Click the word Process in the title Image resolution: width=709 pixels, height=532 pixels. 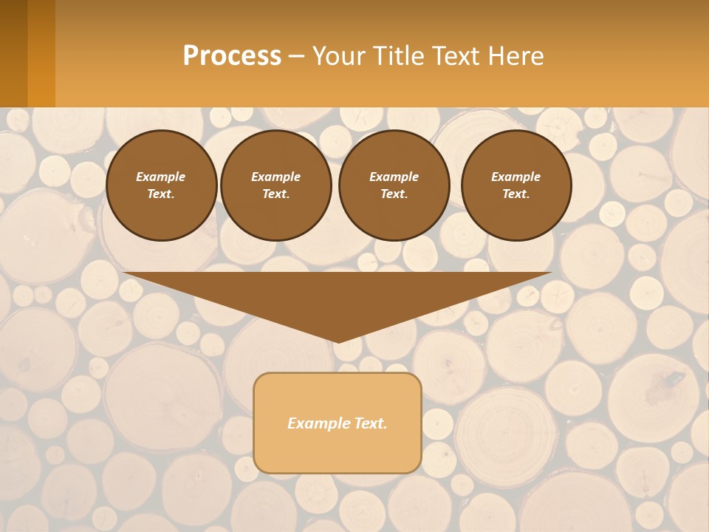(x=232, y=56)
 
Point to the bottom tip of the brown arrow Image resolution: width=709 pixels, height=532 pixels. (x=338, y=341)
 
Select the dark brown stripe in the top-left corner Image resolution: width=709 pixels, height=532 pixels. (x=13, y=53)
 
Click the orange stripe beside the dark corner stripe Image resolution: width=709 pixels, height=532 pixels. (x=41, y=53)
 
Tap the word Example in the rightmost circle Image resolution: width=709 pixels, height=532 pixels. (x=516, y=177)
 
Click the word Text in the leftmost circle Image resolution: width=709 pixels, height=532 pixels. (x=161, y=194)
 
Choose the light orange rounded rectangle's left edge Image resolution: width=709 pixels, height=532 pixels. (x=254, y=423)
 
